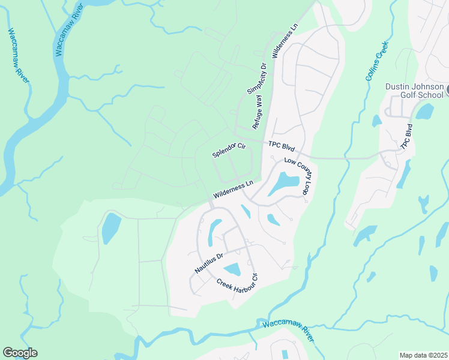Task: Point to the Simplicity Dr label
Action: [256, 79]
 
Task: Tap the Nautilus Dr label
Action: [208, 263]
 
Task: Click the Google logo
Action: [20, 353]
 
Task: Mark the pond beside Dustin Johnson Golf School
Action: [424, 111]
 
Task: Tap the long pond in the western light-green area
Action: [111, 228]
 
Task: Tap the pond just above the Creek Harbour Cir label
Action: [232, 269]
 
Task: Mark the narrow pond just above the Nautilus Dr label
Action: [214, 233]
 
